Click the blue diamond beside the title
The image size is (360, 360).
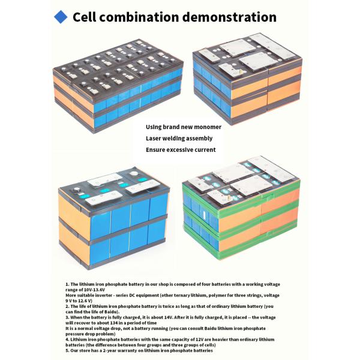coord(61,17)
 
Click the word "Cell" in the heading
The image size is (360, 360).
coord(86,17)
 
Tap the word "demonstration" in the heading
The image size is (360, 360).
coord(230,17)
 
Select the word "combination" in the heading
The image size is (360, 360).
coord(141,17)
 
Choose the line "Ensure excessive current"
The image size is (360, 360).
coord(180,149)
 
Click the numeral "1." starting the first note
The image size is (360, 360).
coord(67,284)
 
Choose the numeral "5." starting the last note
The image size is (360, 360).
coord(67,350)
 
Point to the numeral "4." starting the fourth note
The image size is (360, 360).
coord(67,339)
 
